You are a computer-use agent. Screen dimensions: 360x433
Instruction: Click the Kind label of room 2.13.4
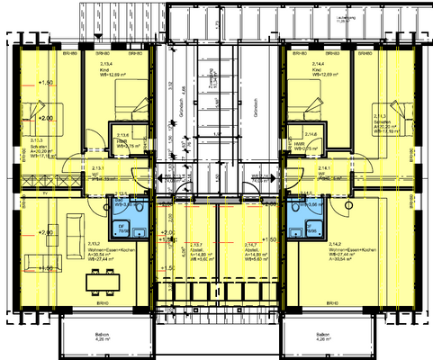pos(104,69)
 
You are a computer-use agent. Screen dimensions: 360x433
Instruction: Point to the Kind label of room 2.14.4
pos(318,69)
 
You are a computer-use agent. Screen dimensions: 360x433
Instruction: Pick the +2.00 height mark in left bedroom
pos(45,117)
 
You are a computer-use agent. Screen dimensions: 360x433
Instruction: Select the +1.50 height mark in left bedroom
pos(47,83)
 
